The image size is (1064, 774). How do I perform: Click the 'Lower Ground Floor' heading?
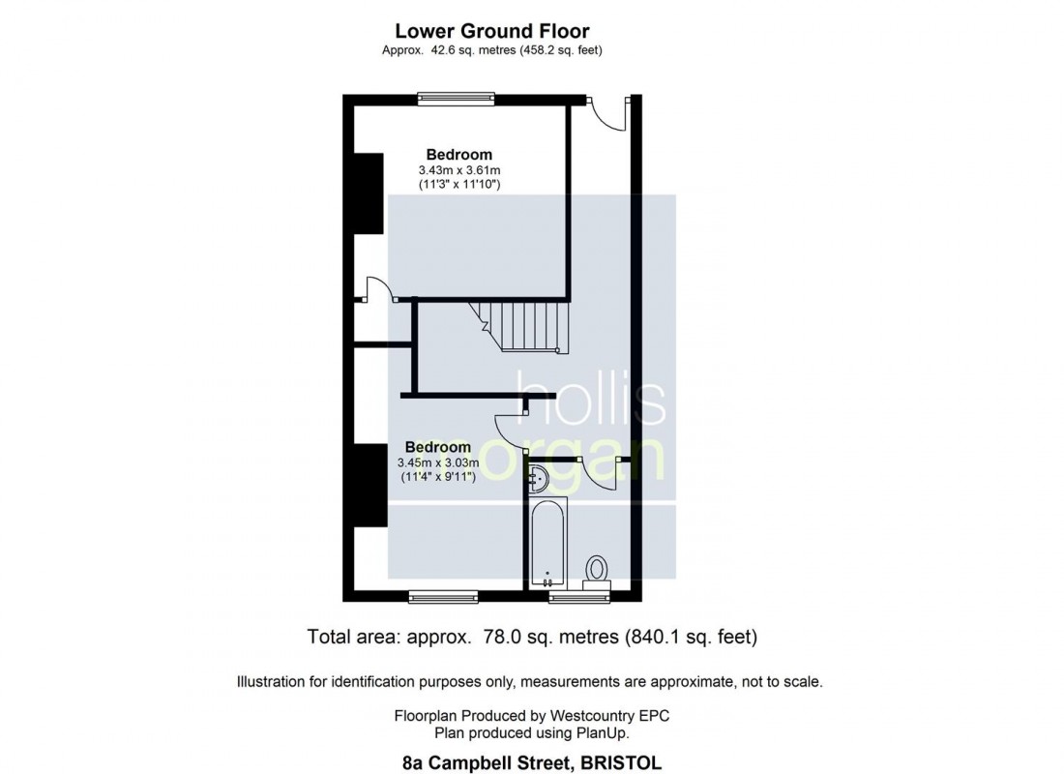click(x=492, y=31)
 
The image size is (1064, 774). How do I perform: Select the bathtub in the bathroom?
click(x=548, y=543)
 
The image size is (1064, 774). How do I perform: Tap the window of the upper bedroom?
click(x=456, y=99)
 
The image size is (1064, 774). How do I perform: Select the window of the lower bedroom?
click(x=444, y=597)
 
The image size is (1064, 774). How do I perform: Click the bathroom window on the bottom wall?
click(x=579, y=597)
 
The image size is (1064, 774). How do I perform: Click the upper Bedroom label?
click(x=459, y=154)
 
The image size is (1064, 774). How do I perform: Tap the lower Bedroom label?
click(x=437, y=447)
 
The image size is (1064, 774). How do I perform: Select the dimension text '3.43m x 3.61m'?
click(x=459, y=169)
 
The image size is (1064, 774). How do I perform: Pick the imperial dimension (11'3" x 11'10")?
click(x=459, y=184)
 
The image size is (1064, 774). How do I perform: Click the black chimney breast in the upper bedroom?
click(x=369, y=193)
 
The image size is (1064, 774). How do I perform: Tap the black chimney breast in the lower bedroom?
click(x=370, y=486)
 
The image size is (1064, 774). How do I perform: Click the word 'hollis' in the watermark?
click(x=590, y=398)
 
